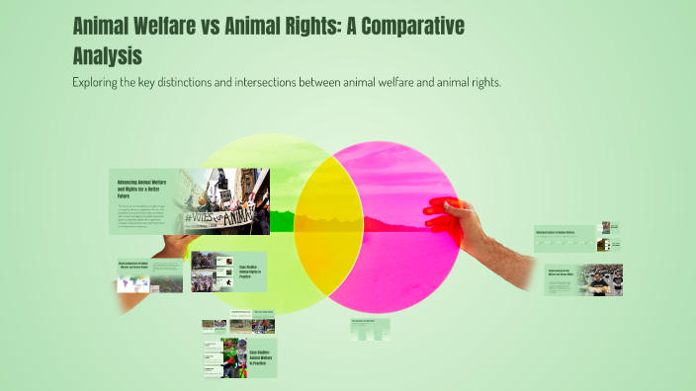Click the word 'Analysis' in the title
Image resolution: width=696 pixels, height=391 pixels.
[108, 54]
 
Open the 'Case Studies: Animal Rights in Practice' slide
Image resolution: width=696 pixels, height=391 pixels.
[251, 271]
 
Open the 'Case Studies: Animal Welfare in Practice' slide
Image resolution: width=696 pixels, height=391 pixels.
[255, 357]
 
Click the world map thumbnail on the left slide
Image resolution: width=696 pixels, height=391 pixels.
[130, 282]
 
